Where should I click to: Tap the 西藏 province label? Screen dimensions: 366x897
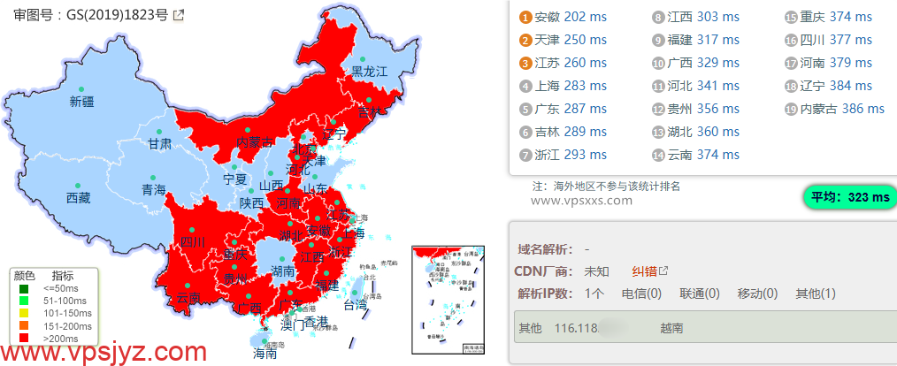pos(78,198)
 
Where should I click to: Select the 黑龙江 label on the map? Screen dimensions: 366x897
pos(370,72)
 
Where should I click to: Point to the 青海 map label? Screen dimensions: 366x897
pos(153,190)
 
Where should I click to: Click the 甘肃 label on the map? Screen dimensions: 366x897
pos(160,143)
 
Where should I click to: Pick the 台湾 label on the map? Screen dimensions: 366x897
pos(354,305)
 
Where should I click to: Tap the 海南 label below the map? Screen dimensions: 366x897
pos(264,353)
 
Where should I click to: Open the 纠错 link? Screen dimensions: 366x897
pos(644,271)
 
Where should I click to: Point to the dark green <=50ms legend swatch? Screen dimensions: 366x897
pos(24,286)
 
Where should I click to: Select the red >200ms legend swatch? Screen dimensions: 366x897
pos(24,336)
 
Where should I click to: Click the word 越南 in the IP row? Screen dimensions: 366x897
pos(671,328)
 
